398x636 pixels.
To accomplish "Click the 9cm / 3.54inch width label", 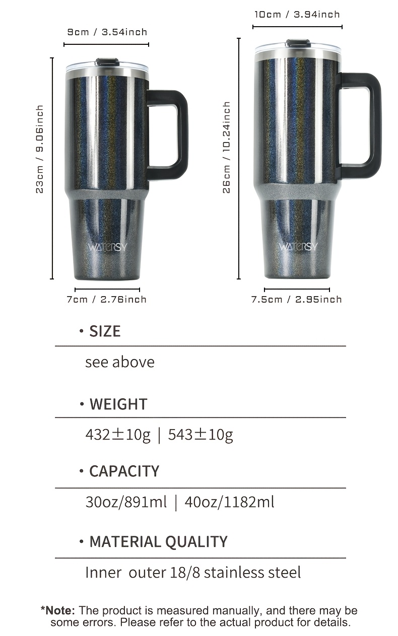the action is [107, 32].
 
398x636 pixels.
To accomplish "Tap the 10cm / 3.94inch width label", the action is [297, 14].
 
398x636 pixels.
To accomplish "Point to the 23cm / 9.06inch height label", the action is [40, 150].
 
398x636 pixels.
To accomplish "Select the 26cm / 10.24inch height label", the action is [226, 148].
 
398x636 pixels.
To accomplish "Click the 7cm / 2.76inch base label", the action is [106, 299].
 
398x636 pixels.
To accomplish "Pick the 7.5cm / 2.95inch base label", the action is [297, 299].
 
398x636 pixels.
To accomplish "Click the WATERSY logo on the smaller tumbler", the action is [107, 247].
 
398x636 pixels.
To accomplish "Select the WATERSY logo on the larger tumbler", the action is [298, 247].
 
